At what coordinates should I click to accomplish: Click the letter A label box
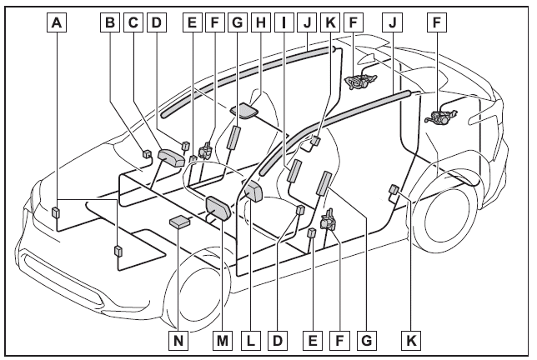[x=56, y=22]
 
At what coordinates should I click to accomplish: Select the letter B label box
[x=109, y=22]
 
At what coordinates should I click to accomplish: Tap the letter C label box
[x=132, y=22]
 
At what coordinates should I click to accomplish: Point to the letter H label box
[x=260, y=22]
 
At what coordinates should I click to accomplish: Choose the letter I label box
[x=285, y=22]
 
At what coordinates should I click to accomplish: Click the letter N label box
[x=176, y=340]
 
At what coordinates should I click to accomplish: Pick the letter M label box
[x=222, y=340]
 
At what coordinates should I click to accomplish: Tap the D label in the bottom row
[x=279, y=340]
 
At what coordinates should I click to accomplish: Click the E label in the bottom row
[x=314, y=340]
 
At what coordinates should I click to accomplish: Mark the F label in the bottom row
[x=339, y=340]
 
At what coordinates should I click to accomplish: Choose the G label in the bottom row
[x=364, y=340]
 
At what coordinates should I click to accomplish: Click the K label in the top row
[x=331, y=22]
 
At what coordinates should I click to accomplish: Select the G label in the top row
[x=238, y=22]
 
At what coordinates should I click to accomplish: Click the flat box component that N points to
[x=180, y=221]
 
